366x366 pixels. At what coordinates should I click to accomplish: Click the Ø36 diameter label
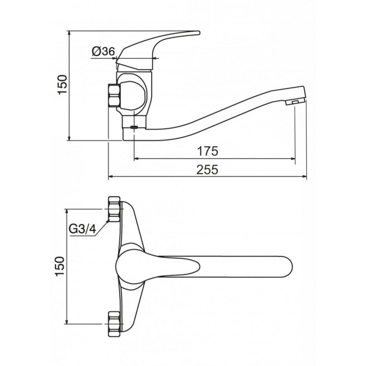coord(103,51)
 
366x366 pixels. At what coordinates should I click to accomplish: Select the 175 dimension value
coord(207,151)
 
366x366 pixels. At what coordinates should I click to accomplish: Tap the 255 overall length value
coord(207,170)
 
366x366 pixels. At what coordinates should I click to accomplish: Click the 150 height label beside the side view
coord(62,84)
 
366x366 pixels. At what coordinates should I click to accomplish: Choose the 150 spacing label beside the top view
coord(60,266)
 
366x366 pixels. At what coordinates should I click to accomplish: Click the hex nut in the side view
coord(114,95)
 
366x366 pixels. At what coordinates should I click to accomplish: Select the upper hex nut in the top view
coord(114,209)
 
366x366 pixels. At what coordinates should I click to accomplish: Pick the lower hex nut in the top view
coord(114,324)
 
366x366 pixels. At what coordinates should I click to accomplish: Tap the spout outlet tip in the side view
coord(295,102)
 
